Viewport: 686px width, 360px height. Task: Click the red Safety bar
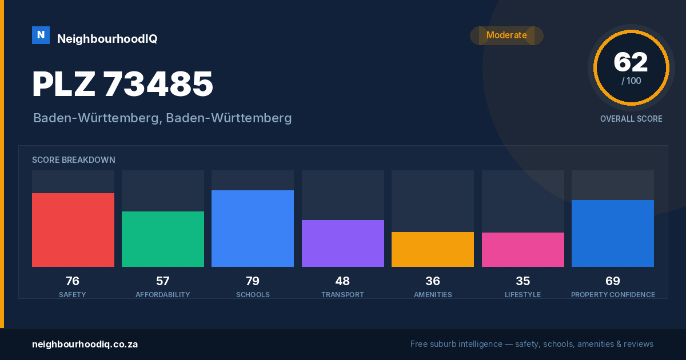73,230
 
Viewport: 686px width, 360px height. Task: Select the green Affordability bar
163,239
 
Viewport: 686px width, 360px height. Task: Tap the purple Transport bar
342,243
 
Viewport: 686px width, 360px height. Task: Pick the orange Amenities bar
433,250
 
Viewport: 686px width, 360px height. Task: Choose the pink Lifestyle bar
523,250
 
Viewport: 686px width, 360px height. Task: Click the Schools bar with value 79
253,229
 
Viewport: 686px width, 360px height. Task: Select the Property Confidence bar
613,234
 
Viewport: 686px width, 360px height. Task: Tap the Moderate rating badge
507,35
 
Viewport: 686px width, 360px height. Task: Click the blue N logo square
41,35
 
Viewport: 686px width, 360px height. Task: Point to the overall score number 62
631,62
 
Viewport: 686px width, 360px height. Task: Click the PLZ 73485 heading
122,84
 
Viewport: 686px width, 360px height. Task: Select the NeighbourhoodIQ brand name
107,39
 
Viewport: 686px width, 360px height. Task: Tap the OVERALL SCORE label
631,119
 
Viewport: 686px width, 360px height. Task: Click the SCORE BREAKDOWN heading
74,160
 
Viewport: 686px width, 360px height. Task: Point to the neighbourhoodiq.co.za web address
85,345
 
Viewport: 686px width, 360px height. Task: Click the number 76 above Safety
73,281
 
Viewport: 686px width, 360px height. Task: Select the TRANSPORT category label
342,295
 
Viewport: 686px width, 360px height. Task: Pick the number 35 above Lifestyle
523,281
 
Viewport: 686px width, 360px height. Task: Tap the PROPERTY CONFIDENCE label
613,295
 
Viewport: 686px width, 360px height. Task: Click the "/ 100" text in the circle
631,81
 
